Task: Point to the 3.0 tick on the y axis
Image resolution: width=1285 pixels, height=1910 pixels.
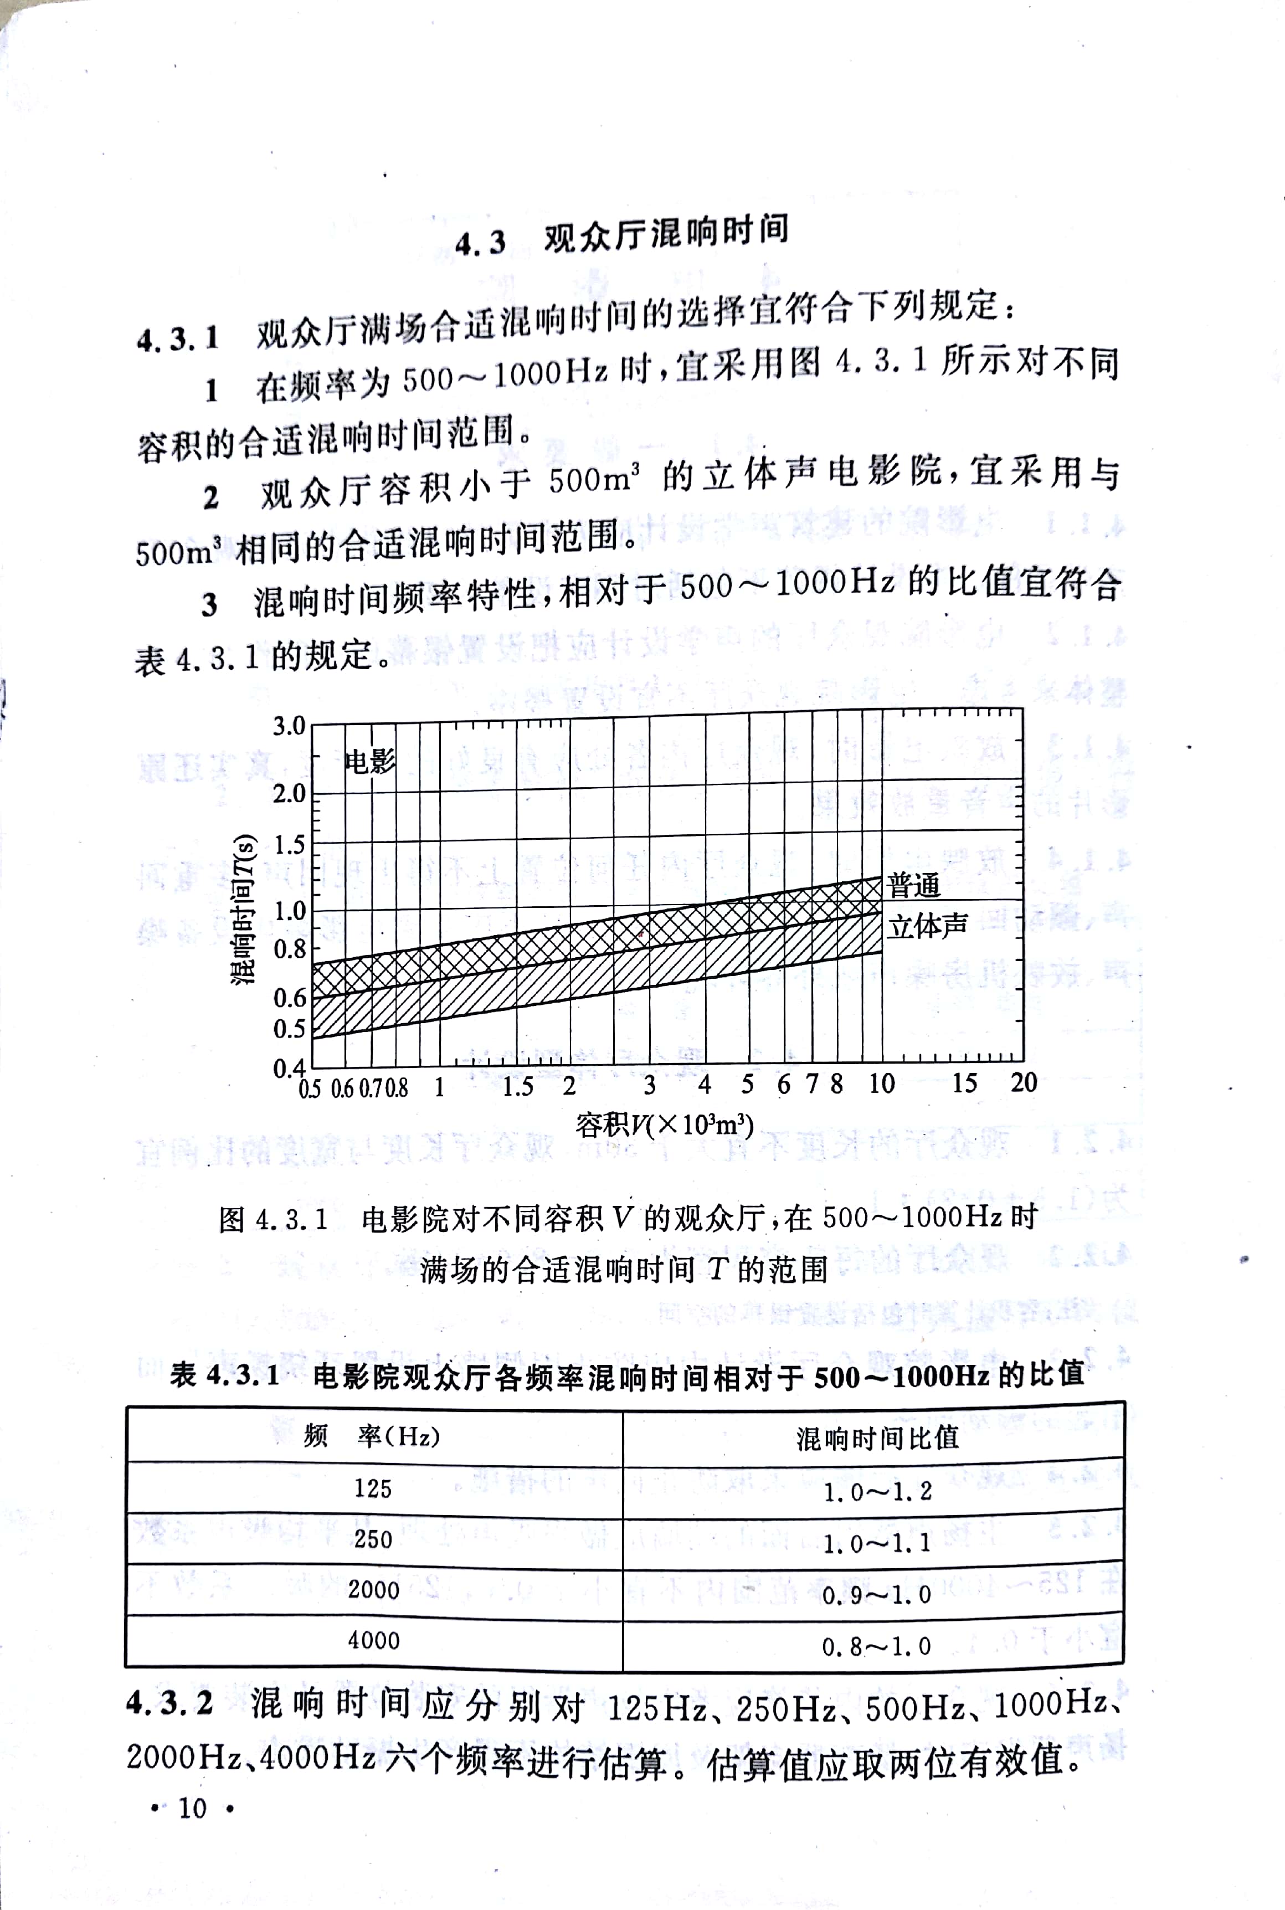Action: coord(289,726)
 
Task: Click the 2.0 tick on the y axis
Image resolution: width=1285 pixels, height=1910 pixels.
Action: coord(289,793)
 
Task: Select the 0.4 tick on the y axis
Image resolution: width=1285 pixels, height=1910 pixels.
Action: coord(289,1067)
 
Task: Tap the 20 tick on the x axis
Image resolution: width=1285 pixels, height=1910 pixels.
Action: coord(1024,1082)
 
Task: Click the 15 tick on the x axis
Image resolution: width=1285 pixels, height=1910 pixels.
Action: coord(964,1083)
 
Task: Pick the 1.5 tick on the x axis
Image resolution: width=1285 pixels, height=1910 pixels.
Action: coord(518,1086)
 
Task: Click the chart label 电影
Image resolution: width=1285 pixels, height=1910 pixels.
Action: coord(371,761)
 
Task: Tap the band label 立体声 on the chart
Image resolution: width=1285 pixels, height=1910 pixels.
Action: coord(928,926)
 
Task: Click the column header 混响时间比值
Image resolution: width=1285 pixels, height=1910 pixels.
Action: coord(877,1438)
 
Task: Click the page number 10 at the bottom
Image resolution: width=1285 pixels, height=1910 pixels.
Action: coord(193,1808)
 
